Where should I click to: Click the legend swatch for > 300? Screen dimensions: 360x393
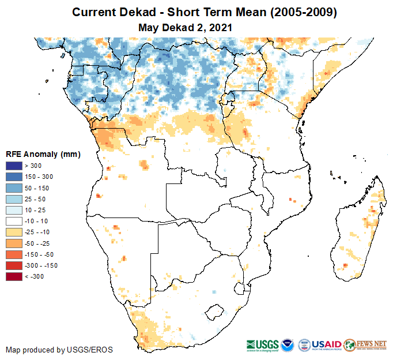pos(14,166)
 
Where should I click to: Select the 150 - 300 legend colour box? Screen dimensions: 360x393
pos(14,177)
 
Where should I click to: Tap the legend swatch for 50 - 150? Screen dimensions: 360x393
pos(14,188)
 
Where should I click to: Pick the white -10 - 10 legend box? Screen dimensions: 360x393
pos(14,221)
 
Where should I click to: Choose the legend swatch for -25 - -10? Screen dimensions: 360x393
pos(14,232)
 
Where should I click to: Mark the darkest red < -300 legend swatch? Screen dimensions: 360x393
pos(14,276)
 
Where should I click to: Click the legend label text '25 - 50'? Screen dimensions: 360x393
pos(40,199)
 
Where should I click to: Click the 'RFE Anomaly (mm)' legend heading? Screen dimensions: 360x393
pos(43,154)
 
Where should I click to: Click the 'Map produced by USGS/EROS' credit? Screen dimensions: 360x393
pos(59,350)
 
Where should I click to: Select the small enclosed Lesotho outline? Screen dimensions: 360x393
pos(215,312)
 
